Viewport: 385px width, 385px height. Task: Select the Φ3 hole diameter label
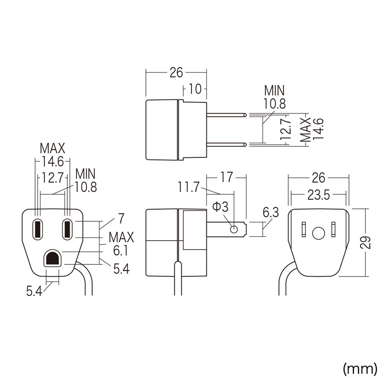(220, 207)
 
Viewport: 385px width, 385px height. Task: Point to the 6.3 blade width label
(271, 212)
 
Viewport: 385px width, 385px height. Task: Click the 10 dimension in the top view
(195, 90)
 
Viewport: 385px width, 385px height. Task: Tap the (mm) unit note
(359, 369)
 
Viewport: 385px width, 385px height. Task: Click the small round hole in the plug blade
(234, 229)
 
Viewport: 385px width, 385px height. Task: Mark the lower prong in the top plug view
(226, 144)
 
